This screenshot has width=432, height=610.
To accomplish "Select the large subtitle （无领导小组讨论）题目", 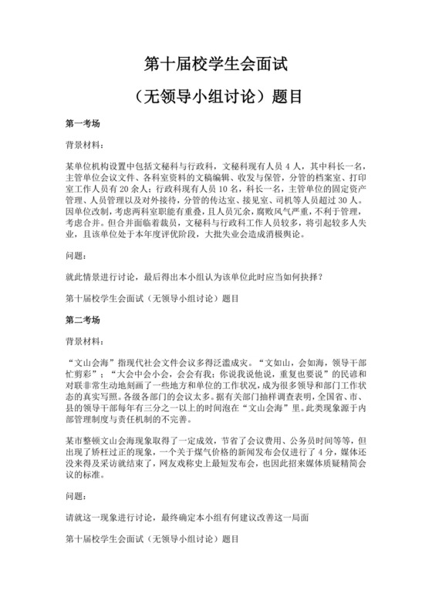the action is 216,97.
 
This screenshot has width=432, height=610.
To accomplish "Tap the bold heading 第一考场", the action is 83,123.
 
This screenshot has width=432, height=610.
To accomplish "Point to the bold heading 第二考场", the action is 83,317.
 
